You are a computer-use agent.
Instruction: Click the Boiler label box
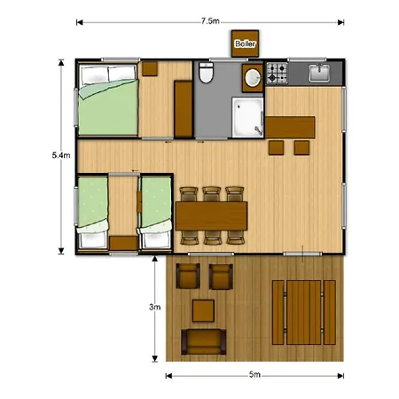pyautogui.click(x=244, y=43)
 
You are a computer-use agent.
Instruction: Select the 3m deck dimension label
pyautogui.click(x=154, y=307)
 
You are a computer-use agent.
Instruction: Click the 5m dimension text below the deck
pyautogui.click(x=254, y=376)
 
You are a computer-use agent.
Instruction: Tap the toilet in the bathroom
pyautogui.click(x=206, y=74)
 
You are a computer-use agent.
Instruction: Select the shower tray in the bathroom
pyautogui.click(x=247, y=118)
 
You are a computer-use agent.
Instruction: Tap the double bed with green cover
pyautogui.click(x=106, y=103)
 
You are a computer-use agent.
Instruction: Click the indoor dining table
pyautogui.click(x=212, y=215)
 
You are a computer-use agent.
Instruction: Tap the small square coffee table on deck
pyautogui.click(x=204, y=309)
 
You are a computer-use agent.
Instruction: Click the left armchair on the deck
pyautogui.click(x=188, y=278)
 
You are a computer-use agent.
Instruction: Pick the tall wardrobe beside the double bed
pyautogui.click(x=184, y=108)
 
